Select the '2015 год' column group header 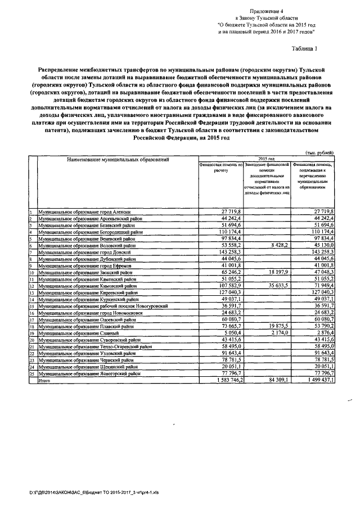click(x=266, y=159)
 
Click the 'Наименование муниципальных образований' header click(x=118, y=160)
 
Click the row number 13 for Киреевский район click(x=32, y=292)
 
